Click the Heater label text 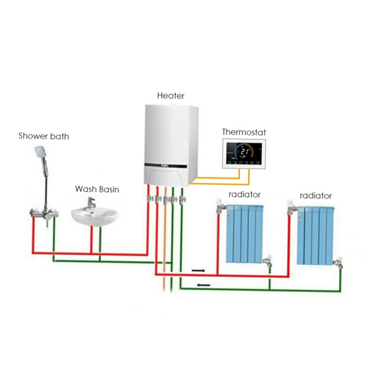171,96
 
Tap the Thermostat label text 243,132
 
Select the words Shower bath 44,137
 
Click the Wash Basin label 97,189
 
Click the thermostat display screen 243,154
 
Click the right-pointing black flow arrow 198,270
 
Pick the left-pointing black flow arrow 204,285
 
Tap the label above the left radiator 244,194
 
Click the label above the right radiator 316,195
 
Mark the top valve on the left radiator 221,206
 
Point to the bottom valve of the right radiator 339,263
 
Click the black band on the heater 171,165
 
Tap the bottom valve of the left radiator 268,262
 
